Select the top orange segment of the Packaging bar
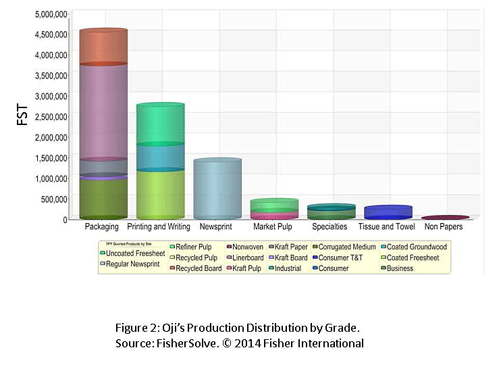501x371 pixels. coord(103,47)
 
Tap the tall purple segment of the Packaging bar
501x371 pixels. coord(103,112)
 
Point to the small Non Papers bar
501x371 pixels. coord(445,218)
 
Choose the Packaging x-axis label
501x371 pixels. coord(103,227)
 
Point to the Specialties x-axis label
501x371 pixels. coord(330,227)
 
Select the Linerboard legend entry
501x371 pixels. coord(246,257)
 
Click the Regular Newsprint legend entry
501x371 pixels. coord(132,264)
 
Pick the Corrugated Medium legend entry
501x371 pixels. coord(347,247)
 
